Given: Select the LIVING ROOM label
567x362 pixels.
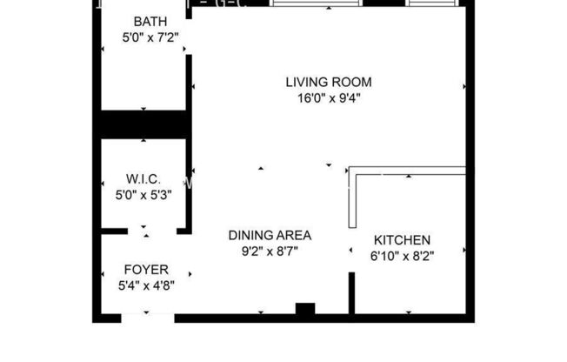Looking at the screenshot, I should coord(329,83).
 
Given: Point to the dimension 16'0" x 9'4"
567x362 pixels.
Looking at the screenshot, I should coord(329,98).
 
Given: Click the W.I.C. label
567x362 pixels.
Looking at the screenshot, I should coord(143,180).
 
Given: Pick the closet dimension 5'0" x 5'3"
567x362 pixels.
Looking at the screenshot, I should coord(143,196).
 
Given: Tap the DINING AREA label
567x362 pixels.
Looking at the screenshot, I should coord(270,235).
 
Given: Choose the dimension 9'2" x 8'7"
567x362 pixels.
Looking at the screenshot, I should coord(270,251).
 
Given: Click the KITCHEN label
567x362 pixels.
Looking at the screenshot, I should coord(402,239).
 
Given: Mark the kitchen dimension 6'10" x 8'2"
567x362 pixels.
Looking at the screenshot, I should coord(402,256).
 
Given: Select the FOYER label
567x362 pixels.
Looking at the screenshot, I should coord(147,270).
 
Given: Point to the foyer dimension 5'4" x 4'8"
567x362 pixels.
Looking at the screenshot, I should coord(147,285).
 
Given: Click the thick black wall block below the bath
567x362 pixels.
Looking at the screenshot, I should coord(144,124).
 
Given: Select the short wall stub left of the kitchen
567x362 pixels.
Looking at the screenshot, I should coord(352,295).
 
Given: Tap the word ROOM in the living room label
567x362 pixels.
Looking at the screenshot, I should coord(354,83).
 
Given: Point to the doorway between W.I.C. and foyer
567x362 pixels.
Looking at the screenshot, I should coord(145,231).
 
